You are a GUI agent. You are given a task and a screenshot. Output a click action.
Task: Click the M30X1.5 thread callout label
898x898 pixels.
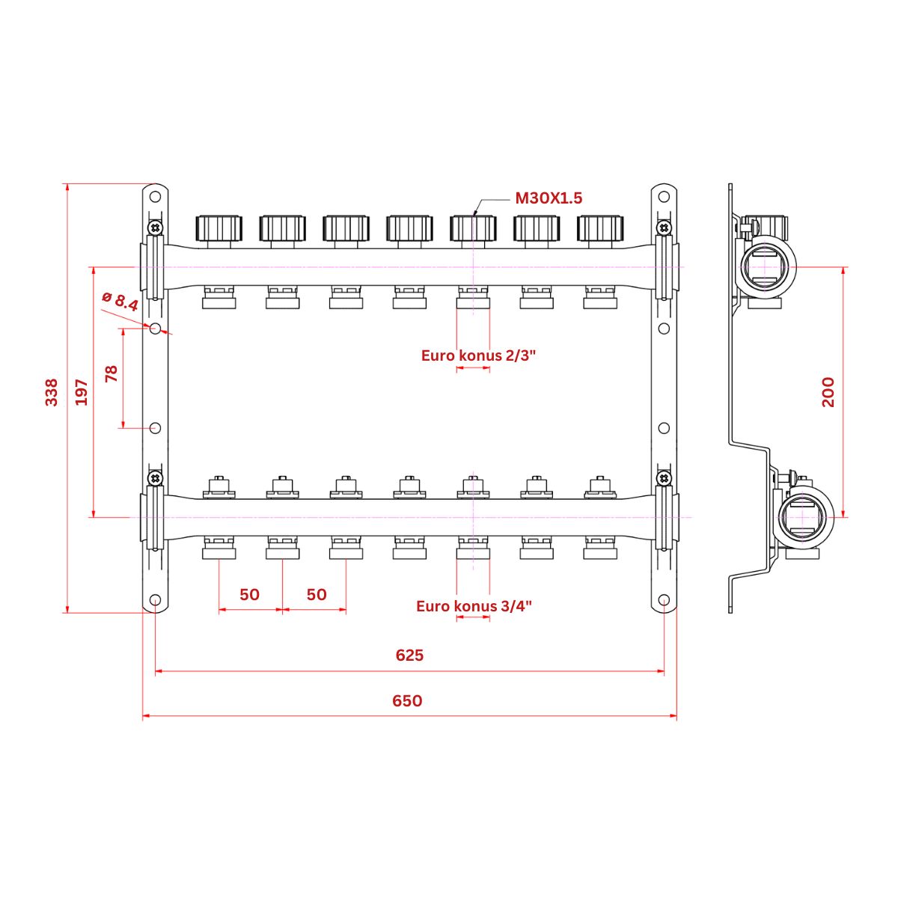[x=548, y=198]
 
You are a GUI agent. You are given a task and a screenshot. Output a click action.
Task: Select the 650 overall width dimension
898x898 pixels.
[x=407, y=701]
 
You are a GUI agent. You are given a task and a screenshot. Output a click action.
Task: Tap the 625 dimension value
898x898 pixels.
[x=409, y=656]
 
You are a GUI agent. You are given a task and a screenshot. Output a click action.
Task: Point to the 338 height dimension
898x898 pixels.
[x=51, y=392]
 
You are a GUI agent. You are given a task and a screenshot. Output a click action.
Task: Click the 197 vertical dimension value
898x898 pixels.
[x=82, y=392]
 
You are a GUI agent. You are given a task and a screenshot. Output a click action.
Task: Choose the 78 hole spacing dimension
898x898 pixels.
[x=112, y=373]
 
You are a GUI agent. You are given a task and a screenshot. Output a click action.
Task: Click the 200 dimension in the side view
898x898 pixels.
[x=828, y=392]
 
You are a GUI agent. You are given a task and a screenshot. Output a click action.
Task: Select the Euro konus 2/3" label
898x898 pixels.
[x=479, y=355]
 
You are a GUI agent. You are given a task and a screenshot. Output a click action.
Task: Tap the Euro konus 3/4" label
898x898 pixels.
[x=474, y=606]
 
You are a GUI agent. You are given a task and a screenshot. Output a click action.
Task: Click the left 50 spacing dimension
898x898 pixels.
[x=249, y=594]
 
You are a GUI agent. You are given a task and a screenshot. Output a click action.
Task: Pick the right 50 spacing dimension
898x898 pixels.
[x=317, y=594]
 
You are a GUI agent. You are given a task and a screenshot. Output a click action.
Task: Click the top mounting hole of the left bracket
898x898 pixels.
[x=155, y=198]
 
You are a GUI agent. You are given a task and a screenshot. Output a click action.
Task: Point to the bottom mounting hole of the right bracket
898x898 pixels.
[x=664, y=600]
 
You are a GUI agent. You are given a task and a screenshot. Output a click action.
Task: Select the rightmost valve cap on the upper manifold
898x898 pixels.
[x=600, y=227]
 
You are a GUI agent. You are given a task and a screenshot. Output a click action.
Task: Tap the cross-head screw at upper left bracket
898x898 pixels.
[x=155, y=227]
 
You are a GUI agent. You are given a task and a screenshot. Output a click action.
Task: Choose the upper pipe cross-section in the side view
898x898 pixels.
[x=767, y=268]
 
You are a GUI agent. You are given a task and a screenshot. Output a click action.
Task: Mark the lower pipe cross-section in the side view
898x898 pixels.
[x=807, y=517]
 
